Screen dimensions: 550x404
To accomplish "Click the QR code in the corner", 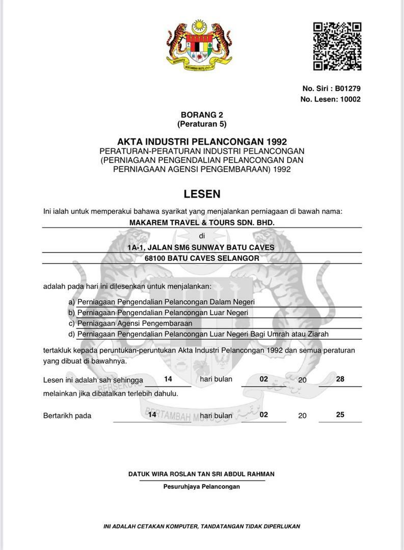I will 337,46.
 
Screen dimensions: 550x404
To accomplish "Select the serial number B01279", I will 347,88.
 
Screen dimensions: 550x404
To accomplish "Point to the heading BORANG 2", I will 202,115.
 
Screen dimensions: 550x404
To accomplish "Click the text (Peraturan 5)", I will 202,124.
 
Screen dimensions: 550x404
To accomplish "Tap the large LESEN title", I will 202,194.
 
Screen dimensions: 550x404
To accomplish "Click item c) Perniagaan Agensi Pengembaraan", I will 134,323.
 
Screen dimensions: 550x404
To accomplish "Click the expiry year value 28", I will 340,379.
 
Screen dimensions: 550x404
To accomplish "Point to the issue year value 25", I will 340,415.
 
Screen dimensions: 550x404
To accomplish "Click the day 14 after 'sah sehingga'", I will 168,379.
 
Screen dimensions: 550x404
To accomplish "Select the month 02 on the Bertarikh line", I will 263,415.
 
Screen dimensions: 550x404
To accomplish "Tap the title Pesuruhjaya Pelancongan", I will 202,486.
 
